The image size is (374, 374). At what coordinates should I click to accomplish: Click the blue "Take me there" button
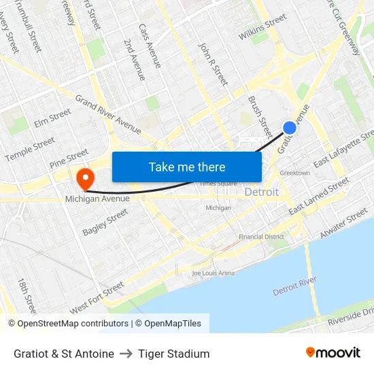[x=187, y=167]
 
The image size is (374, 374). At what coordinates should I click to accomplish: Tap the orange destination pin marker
[x=85, y=179]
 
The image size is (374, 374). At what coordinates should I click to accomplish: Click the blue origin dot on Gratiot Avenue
[x=290, y=127]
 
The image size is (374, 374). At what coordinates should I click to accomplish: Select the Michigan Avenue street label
[x=97, y=199]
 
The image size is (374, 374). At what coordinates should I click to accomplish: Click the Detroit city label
[x=261, y=192]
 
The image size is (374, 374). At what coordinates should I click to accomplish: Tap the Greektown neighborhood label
[x=294, y=173]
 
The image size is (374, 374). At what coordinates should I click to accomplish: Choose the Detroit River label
[x=294, y=286]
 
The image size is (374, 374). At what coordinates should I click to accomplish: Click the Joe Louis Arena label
[x=213, y=273]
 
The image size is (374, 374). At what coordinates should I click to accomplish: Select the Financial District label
[x=261, y=237]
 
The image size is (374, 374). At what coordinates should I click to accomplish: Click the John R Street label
[x=212, y=64]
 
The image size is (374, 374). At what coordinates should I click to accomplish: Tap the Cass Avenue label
[x=150, y=46]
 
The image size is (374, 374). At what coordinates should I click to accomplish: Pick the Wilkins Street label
[x=262, y=30]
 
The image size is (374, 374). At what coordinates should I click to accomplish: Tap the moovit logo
[x=333, y=352]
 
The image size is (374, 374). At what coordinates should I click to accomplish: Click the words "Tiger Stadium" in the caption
[x=173, y=354]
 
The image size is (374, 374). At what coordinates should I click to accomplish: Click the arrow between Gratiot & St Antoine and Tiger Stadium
[x=126, y=354]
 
